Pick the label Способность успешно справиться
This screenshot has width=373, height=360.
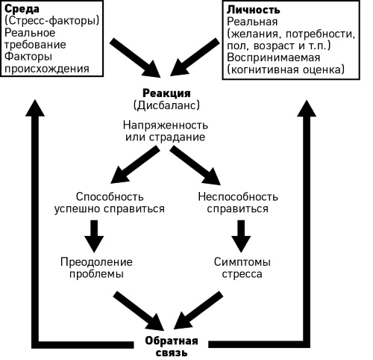110,202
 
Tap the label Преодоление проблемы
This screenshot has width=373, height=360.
94,267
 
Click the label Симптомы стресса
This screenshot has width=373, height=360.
243,267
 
